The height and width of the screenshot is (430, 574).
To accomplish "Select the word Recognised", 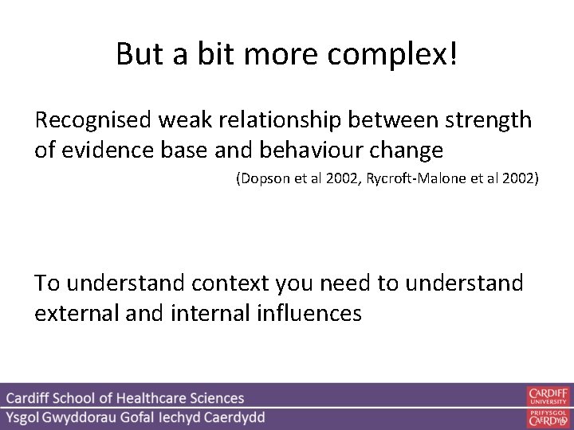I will click(x=94, y=121).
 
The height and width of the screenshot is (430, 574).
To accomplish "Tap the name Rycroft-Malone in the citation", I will click(x=415, y=180).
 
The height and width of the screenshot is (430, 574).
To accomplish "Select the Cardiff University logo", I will click(x=548, y=397).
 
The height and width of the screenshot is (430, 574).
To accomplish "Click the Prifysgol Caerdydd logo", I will click(x=548, y=416).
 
